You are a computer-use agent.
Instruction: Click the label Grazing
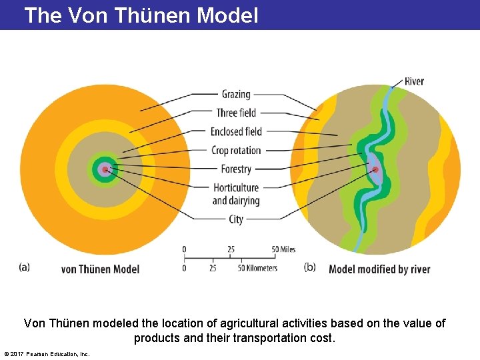coord(236,94)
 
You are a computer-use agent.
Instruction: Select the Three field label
coord(236,113)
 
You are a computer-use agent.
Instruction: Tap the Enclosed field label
coord(236,131)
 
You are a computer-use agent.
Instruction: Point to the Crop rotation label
coord(236,150)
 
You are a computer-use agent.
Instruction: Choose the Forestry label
coord(236,169)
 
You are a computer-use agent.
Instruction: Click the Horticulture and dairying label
coord(236,194)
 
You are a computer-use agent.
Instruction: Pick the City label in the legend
coord(236,219)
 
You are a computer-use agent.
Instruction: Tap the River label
coord(414,81)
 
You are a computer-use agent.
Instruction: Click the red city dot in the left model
coord(105,169)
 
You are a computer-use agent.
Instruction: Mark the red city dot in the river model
coord(375,169)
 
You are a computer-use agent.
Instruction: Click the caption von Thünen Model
coord(100,269)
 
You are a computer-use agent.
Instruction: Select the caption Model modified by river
coord(379,269)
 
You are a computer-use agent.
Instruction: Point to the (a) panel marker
coord(24,267)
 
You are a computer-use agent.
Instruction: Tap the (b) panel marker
coord(310,267)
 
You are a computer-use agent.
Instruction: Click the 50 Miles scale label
coord(283,249)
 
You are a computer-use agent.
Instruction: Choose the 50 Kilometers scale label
coord(258,268)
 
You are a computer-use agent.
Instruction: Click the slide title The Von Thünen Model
coord(141,15)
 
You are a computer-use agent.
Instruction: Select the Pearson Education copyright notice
coord(47,353)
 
